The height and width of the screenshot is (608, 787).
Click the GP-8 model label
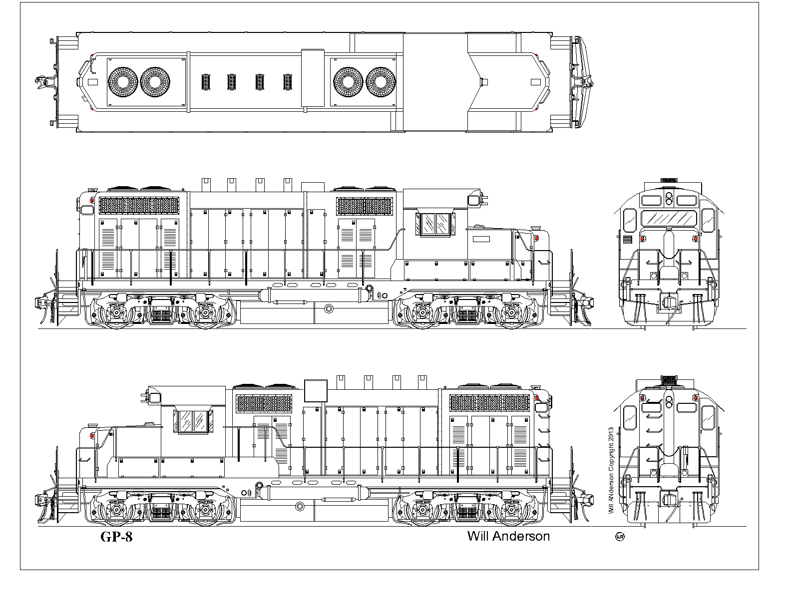(x=117, y=537)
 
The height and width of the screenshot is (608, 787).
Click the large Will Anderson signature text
(x=508, y=536)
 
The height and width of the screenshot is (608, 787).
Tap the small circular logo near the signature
(x=620, y=537)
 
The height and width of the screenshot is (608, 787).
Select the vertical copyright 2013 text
(x=611, y=470)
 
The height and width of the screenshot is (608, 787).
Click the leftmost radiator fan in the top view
(x=123, y=82)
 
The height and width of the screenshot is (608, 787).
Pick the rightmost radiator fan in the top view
(x=381, y=82)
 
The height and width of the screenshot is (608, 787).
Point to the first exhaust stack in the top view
(x=206, y=82)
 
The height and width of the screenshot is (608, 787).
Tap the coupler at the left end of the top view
(x=41, y=82)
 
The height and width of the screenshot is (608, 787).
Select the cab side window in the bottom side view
(x=194, y=421)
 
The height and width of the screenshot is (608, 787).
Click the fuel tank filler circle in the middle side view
(x=329, y=308)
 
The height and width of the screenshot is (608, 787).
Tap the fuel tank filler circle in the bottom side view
(x=300, y=506)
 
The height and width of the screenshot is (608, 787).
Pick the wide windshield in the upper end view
(x=669, y=218)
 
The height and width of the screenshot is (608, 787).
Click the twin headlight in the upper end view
(x=669, y=198)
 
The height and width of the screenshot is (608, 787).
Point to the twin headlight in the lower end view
(x=669, y=401)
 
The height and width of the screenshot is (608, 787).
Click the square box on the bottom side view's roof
(x=316, y=390)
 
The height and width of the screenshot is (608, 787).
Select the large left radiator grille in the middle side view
(x=139, y=205)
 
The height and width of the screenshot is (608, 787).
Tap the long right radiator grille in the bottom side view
(x=489, y=403)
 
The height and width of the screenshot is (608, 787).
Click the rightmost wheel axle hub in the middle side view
(x=511, y=311)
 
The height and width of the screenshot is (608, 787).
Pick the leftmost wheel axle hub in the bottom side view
(x=117, y=510)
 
